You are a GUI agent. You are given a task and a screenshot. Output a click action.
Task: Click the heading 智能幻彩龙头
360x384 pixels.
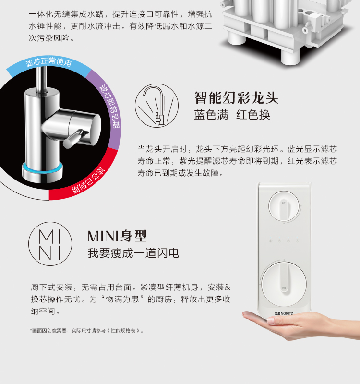(236, 98)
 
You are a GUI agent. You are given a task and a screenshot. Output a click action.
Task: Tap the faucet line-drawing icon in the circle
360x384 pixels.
(157, 106)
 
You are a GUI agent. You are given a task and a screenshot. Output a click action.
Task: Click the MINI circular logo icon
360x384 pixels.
(50, 244)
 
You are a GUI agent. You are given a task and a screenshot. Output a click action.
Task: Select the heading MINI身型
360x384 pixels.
(117, 236)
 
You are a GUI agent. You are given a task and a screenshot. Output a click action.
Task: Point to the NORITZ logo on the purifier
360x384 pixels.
(284, 313)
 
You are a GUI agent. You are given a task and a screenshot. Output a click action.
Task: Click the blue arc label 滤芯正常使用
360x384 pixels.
(48, 62)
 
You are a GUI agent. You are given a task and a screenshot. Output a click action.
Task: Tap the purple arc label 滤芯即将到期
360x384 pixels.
(110, 107)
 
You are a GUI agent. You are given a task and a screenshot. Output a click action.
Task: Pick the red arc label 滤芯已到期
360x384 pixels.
(88, 181)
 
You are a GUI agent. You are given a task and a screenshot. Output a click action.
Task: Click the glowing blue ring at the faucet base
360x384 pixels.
(42, 169)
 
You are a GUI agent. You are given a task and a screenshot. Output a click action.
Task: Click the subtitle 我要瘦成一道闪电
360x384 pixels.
(133, 253)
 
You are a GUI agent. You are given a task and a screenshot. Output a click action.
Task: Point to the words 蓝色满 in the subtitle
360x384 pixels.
(211, 115)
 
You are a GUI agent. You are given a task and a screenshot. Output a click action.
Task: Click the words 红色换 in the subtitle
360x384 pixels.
(253, 115)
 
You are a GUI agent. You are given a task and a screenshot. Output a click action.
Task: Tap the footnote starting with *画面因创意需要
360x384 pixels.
(86, 331)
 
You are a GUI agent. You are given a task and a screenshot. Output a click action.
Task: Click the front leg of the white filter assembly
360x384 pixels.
(290, 56)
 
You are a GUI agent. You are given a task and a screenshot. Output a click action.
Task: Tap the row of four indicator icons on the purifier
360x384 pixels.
(284, 241)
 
